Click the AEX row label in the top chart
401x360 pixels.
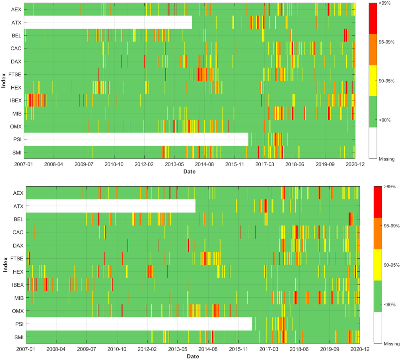click(x=16, y=9)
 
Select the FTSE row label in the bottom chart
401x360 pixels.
click(x=17, y=259)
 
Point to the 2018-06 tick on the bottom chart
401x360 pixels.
click(x=299, y=349)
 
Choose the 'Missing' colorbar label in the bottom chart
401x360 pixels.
click(x=392, y=344)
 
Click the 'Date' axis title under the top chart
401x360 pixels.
click(x=189, y=172)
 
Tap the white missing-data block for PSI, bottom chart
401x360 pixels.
click(x=139, y=324)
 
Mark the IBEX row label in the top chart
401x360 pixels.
click(x=16, y=100)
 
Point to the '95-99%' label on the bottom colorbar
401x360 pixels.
click(x=392, y=226)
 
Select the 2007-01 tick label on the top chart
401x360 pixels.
click(x=24, y=165)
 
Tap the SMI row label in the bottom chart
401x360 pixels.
click(x=19, y=337)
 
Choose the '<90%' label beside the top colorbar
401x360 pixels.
click(x=384, y=120)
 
